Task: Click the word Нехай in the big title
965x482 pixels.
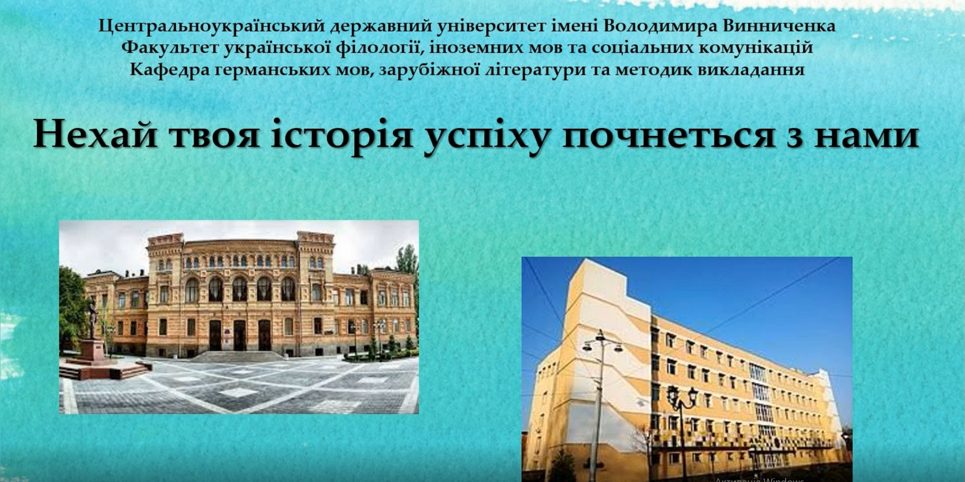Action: point(96,135)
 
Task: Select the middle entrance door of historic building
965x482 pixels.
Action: point(240,335)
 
